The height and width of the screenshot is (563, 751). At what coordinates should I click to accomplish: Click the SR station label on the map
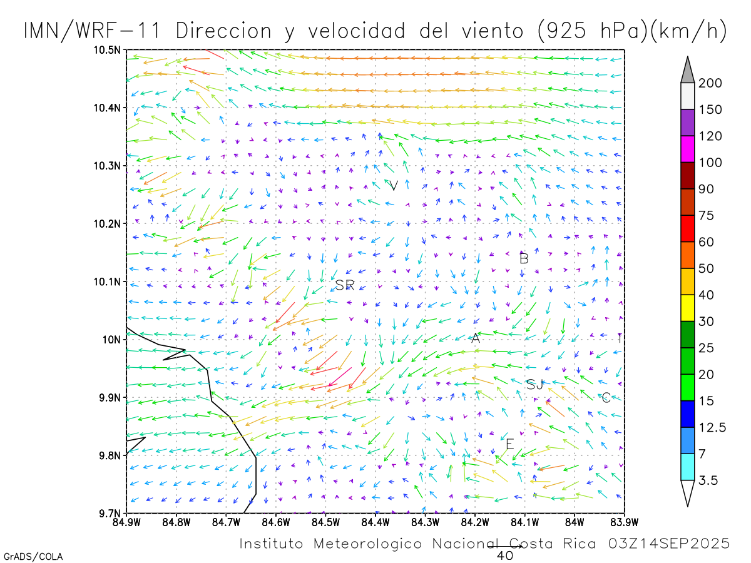[x=345, y=285]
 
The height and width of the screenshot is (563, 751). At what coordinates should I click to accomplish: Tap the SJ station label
[x=534, y=384]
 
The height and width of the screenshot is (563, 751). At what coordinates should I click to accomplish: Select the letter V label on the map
[x=394, y=186]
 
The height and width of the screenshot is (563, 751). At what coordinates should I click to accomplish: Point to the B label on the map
[x=524, y=258]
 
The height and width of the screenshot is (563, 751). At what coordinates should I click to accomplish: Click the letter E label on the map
[x=509, y=444]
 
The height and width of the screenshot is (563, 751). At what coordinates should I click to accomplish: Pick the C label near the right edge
[x=606, y=398]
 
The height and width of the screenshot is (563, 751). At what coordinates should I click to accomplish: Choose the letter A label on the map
[x=475, y=338]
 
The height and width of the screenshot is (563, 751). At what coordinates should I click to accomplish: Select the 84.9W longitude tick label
[x=126, y=522]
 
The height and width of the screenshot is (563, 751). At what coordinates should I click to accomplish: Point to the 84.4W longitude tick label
[x=375, y=522]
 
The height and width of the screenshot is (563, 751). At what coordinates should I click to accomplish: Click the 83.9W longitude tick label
[x=624, y=522]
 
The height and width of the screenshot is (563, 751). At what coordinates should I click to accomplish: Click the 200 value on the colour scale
[x=710, y=83]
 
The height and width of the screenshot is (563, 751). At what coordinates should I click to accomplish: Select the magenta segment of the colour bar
[x=687, y=149]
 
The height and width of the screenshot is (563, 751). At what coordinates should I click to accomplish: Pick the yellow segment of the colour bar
[x=687, y=308]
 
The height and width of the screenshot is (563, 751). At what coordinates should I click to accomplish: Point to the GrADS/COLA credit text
[x=33, y=556]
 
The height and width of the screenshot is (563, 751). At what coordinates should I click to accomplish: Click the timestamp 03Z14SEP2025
[x=669, y=544]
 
